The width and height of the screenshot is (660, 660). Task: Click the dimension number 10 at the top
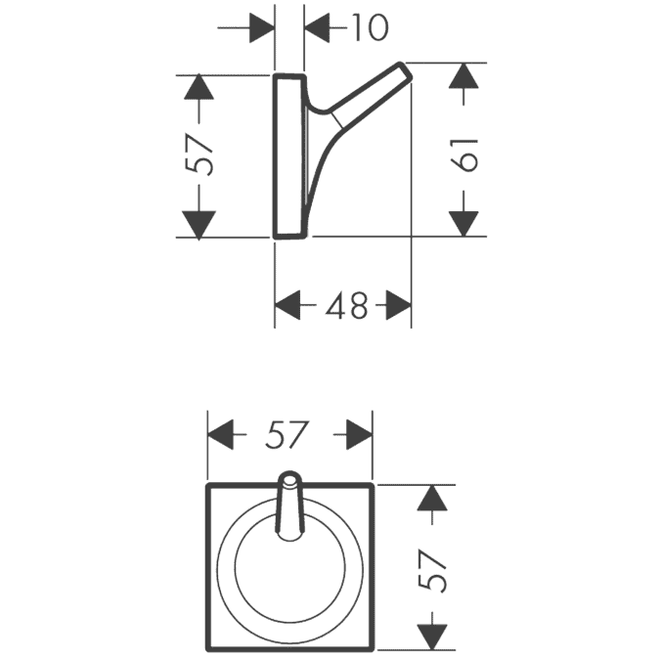point(370,27)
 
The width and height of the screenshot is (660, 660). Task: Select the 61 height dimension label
point(463,154)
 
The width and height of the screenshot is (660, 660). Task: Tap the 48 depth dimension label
point(346,305)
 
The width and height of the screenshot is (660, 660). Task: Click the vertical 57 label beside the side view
point(198,154)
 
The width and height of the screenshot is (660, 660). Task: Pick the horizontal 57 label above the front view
point(287,434)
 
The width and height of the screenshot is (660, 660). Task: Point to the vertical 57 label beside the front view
point(432,570)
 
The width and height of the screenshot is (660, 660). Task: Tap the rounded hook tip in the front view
point(288,478)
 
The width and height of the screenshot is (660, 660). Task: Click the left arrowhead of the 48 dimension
point(287,305)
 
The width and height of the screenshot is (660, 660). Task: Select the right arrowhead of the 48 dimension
point(398,305)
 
